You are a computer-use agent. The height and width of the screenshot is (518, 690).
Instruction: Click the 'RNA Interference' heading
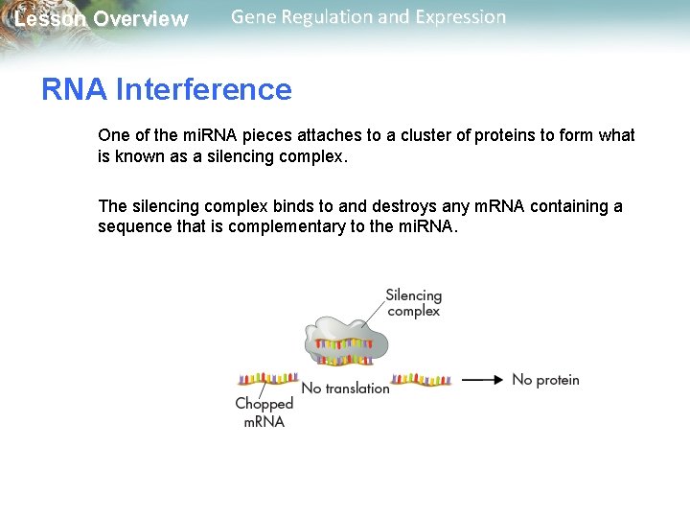coord(166,89)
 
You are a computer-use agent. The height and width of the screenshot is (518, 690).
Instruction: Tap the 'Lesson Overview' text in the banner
coord(101,19)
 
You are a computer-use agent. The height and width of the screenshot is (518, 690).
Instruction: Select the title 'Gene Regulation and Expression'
coord(368,17)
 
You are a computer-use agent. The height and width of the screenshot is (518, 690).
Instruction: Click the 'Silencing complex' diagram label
coord(413,303)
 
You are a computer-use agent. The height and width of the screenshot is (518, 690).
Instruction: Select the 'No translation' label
coord(345,388)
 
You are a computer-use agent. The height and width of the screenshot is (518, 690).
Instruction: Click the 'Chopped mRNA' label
coord(264,412)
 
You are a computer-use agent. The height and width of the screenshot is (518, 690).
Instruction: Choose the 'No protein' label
coord(545,380)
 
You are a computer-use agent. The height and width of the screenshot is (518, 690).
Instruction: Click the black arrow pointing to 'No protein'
coord(482,380)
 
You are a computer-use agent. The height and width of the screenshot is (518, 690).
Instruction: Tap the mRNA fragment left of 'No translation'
coord(268,379)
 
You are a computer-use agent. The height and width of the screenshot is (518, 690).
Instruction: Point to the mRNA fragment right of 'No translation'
coord(422,379)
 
